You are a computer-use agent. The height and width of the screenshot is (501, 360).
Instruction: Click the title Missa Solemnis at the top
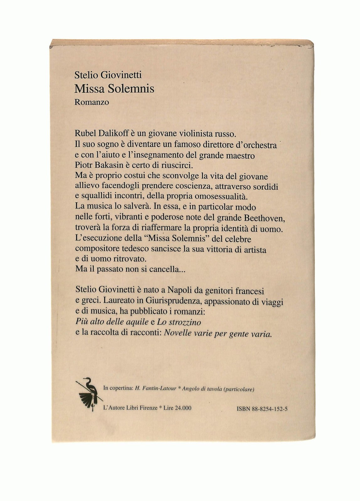coord(114,89)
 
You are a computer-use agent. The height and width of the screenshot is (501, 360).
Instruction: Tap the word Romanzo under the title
coord(92,102)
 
